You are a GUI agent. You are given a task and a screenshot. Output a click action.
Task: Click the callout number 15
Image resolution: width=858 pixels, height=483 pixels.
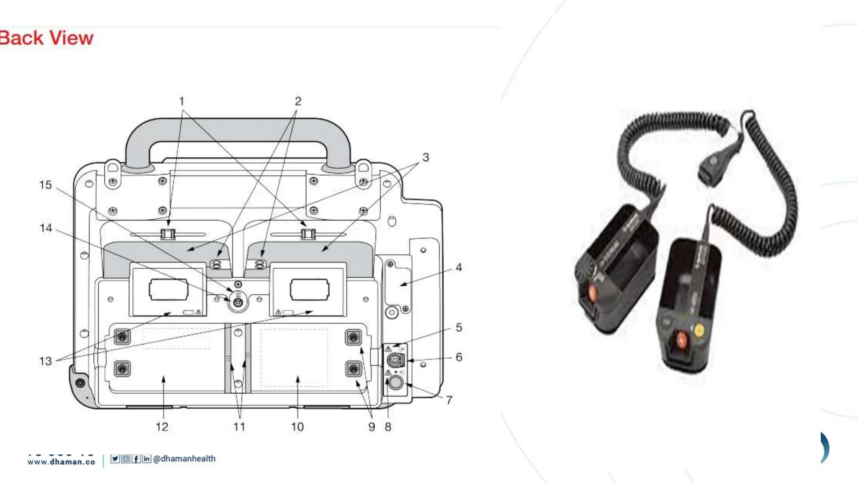coord(45,185)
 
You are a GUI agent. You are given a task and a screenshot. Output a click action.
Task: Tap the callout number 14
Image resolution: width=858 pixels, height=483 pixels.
coord(46,228)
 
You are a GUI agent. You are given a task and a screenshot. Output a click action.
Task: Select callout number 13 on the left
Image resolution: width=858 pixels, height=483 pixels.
coord(45,361)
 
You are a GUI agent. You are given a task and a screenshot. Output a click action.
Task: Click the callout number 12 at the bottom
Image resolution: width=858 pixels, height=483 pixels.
coord(162,427)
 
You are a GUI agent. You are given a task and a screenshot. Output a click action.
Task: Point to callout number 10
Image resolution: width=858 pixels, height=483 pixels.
coord(297,427)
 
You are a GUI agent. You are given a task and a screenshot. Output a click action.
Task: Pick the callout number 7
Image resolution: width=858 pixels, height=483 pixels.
coord(449,400)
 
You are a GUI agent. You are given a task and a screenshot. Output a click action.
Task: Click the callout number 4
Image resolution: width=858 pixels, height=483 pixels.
coord(459,267)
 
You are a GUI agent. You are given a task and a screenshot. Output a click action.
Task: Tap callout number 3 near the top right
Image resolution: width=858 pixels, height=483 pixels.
coord(426,157)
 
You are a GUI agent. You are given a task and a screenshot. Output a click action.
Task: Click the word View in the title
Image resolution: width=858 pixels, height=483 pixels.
coord(72,38)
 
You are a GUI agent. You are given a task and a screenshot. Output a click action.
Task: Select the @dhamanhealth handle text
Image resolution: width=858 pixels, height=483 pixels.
coord(184,459)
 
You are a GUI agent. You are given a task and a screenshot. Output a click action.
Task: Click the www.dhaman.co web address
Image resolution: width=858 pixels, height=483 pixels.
coord(61,462)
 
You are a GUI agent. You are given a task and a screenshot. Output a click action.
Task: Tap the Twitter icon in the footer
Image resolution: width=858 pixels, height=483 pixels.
coord(115,459)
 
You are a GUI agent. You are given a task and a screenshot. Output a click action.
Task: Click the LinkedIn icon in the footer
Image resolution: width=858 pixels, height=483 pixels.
coord(146,459)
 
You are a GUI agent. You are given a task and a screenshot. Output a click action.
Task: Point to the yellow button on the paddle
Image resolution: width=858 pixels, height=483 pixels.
coord(699,330)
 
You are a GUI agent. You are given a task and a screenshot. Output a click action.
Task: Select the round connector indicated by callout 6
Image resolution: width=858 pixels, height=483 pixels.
coord(395,360)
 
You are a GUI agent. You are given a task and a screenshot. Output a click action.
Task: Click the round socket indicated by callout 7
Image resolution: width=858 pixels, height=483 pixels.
coord(395,382)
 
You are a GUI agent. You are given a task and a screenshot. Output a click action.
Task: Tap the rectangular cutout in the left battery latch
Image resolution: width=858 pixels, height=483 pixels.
coord(168,290)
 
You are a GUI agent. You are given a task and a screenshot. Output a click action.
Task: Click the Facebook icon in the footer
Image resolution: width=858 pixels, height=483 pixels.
coord(136,459)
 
